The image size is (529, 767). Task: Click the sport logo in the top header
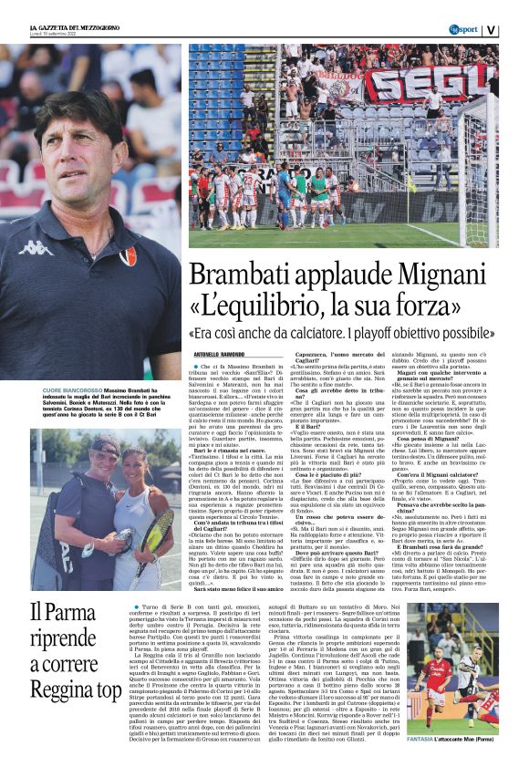point(462,29)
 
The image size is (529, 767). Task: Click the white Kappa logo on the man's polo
point(36,247)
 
